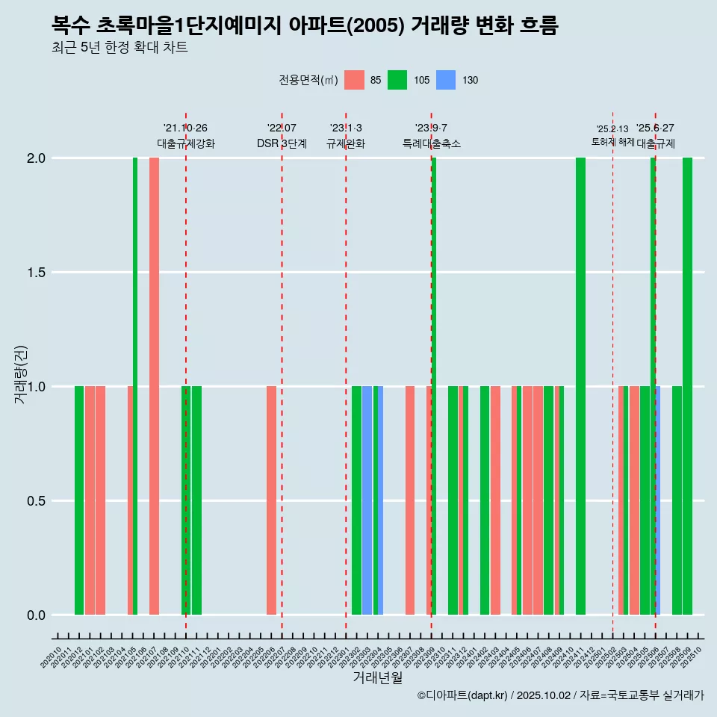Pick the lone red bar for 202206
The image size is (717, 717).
(271, 500)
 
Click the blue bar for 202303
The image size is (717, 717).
(367, 500)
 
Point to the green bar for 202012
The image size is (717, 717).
(79, 500)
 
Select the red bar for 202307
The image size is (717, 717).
(410, 500)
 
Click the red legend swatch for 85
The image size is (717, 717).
(354, 80)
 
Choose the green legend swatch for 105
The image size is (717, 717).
(397, 80)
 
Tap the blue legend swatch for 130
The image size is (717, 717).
(445, 80)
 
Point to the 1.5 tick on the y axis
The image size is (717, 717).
(37, 273)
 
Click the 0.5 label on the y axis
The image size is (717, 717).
(37, 501)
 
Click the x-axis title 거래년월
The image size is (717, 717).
(377, 678)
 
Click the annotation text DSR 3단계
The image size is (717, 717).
(282, 143)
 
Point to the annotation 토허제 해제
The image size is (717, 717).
(612, 141)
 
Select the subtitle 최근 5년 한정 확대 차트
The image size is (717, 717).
(119, 48)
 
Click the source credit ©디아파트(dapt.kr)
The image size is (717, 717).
(463, 695)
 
